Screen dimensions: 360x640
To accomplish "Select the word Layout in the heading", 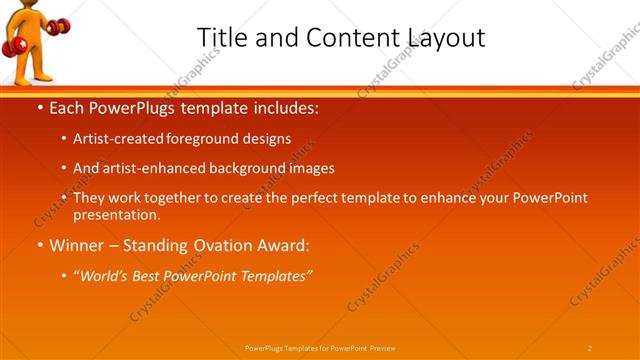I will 447,37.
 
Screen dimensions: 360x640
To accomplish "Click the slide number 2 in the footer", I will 589,348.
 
